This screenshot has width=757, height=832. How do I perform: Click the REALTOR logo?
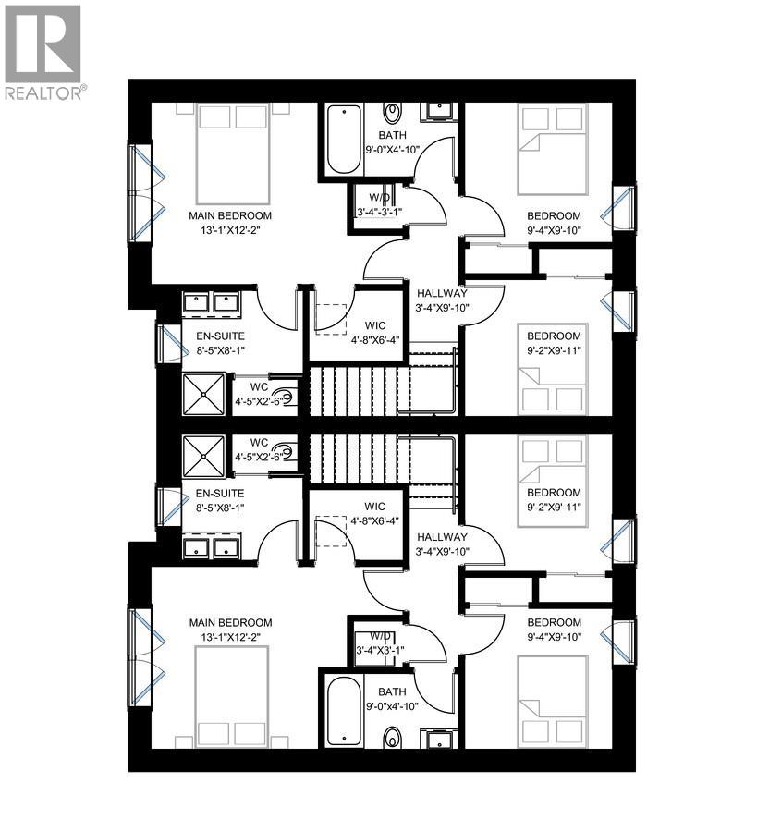43,52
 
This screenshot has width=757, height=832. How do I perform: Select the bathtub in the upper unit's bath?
342,140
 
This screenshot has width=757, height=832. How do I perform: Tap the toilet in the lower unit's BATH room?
393,737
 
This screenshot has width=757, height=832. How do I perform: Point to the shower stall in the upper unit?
203,393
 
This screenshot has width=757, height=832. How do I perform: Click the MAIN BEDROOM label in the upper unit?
230,215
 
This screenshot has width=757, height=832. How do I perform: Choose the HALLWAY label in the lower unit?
442,537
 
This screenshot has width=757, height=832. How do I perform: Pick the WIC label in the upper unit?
374,324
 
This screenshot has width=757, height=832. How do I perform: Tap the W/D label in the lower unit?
380,636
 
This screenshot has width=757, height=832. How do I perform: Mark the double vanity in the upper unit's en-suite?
212,303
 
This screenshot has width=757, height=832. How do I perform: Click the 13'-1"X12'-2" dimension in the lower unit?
230,637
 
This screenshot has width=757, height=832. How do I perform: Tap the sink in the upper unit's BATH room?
436,112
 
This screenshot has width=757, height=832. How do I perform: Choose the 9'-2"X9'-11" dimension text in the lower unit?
555,507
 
